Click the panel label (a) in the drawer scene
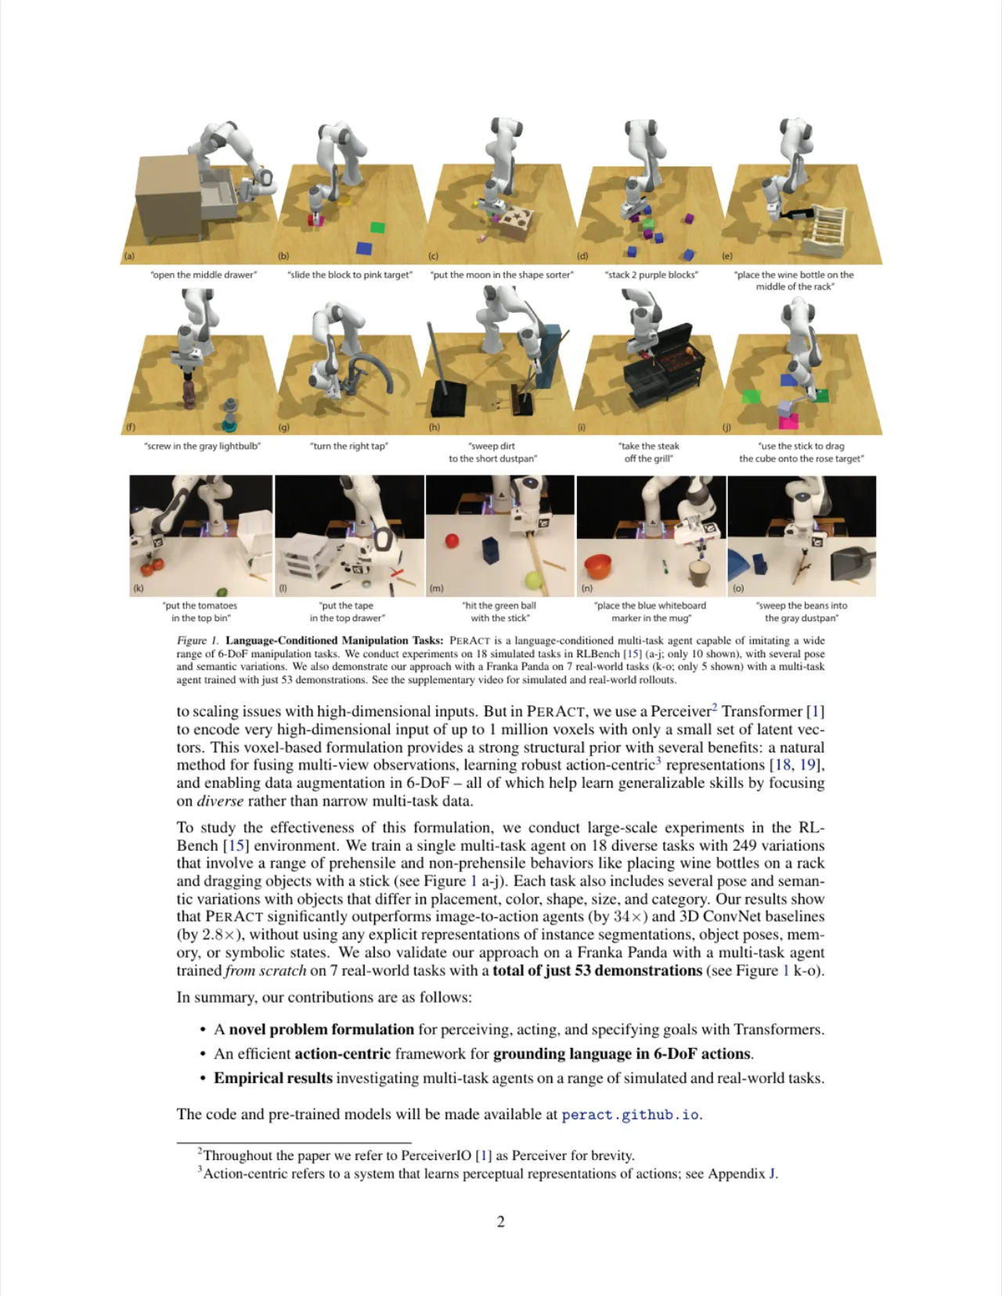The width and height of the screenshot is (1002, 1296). [x=129, y=257]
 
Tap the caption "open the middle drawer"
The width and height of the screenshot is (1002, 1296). [x=204, y=275]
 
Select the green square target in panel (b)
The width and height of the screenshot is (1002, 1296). [x=377, y=228]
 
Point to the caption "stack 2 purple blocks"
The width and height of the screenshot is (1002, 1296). [x=651, y=275]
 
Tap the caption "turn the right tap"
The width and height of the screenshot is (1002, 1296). [x=349, y=446]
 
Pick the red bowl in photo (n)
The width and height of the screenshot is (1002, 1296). [x=598, y=566]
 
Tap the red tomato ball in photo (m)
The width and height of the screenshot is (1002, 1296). [x=452, y=541]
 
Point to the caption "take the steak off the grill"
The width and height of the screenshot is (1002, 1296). [x=648, y=452]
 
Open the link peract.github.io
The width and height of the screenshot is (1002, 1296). [x=630, y=1115]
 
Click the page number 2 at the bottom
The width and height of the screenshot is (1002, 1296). [x=501, y=1222]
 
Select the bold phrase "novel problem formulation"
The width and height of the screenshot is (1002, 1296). [x=322, y=1029]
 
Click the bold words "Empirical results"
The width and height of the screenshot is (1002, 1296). [x=273, y=1079]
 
